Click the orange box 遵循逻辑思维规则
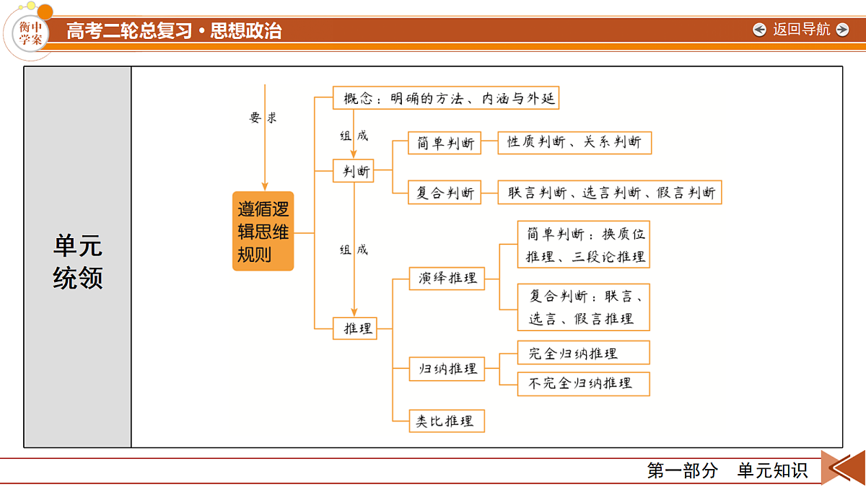coord(263,231)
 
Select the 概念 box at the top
coord(446,98)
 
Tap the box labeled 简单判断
coord(445,143)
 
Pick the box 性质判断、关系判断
coord(574,143)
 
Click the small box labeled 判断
coord(354,170)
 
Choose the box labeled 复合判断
coord(445,192)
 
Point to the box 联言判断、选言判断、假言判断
coord(610,192)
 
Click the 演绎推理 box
coord(447,278)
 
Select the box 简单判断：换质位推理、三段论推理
coord(584,245)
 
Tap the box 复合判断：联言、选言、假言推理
coord(584,307)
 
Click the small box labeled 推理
coord(355,328)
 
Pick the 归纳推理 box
coord(447,369)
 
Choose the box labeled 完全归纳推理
coord(584,353)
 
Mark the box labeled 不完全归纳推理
coord(584,384)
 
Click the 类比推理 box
coord(447,421)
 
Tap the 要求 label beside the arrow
coord(263,117)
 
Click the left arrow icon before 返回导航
coord(759,30)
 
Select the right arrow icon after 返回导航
coord(842,30)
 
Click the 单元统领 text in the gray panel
coord(78,261)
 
